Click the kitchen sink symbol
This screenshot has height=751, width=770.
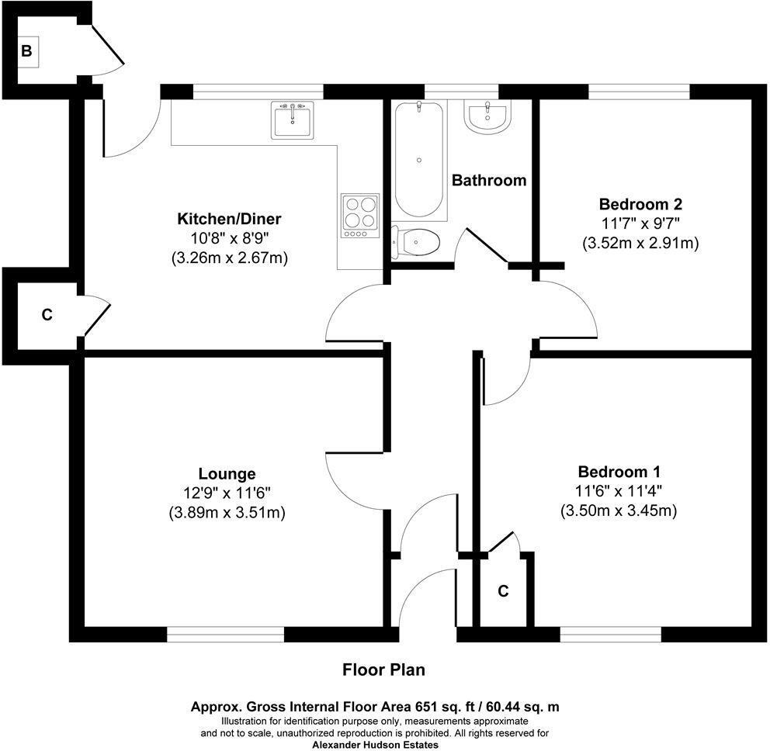point(293,120)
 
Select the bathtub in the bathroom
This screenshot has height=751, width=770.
point(420,159)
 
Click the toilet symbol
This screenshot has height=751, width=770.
point(416,242)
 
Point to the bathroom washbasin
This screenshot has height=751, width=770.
point(488,117)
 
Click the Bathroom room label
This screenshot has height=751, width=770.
point(489,181)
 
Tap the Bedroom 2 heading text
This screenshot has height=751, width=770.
point(640,205)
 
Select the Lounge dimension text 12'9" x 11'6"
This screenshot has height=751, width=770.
point(227,493)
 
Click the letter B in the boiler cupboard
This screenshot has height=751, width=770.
point(26,52)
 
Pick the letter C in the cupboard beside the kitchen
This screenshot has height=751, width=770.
point(47,315)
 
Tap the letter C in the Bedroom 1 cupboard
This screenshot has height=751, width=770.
point(503,591)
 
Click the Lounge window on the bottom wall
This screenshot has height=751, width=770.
point(225,634)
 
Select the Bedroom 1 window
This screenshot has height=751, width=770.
point(610,634)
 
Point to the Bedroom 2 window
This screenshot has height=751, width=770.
point(639,92)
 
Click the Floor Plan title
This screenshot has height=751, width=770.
point(384,670)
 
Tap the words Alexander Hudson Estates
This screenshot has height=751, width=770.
point(375,745)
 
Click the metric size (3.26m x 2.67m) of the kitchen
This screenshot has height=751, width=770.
point(230,258)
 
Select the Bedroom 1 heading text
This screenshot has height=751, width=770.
point(619,472)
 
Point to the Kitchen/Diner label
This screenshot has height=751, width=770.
point(229,218)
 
